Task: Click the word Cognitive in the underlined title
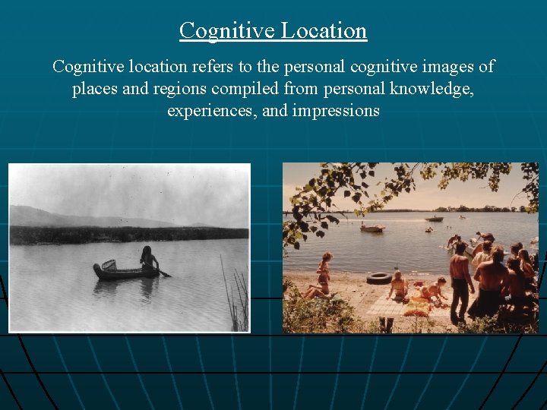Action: (x=226, y=30)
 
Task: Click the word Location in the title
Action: (x=324, y=30)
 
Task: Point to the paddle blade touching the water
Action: (x=165, y=273)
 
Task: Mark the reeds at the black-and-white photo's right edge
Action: (x=239, y=300)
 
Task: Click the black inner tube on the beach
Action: (x=378, y=279)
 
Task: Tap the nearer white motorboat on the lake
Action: (x=372, y=228)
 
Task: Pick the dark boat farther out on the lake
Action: (x=434, y=219)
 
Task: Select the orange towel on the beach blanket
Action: (x=416, y=309)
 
